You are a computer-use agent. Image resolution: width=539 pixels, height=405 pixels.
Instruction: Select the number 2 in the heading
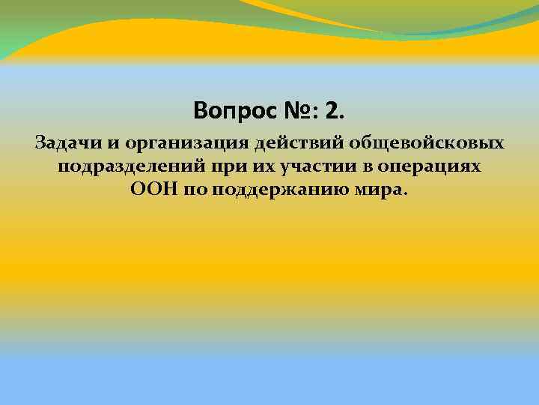tap(332, 112)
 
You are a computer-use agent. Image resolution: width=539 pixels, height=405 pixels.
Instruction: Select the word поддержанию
tap(285, 190)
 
